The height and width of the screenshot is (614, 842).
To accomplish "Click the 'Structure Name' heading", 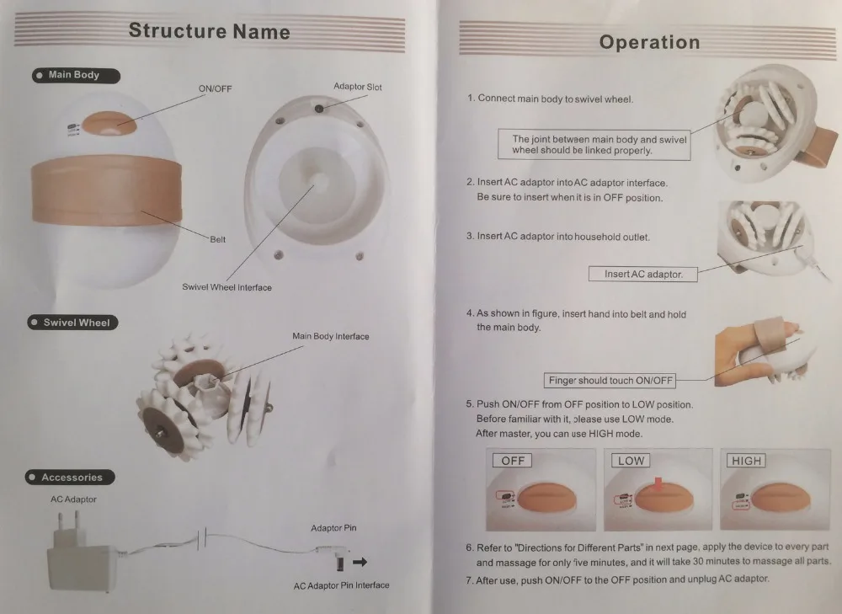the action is pyautogui.click(x=210, y=31).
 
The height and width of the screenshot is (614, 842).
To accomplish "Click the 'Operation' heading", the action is pyautogui.click(x=650, y=42).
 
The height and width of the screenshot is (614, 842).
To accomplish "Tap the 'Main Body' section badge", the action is pyautogui.click(x=76, y=75).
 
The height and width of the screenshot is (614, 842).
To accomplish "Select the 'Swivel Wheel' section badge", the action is pyautogui.click(x=72, y=323).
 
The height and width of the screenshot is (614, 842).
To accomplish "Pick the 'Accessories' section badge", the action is pyautogui.click(x=70, y=477).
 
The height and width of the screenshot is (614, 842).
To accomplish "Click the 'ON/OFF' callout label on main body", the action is pyautogui.click(x=216, y=88).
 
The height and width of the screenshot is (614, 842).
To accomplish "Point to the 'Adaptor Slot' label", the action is pyautogui.click(x=358, y=87).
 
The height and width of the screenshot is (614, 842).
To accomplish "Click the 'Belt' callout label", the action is pyautogui.click(x=217, y=239).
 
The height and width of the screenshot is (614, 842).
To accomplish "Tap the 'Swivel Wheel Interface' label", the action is pyautogui.click(x=226, y=287).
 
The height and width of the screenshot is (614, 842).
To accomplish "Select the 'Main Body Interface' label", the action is pyautogui.click(x=331, y=336).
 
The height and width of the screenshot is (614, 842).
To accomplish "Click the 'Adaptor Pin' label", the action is pyautogui.click(x=333, y=528).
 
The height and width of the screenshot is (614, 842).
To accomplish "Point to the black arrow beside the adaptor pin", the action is pyautogui.click(x=360, y=562).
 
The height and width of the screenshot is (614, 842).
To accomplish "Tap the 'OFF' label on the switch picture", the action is pyautogui.click(x=512, y=461).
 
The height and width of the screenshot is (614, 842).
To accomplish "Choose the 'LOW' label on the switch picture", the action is pyautogui.click(x=631, y=461).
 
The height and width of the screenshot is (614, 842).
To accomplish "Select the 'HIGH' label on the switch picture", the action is pyautogui.click(x=746, y=461).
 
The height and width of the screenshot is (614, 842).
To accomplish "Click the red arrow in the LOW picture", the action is pyautogui.click(x=658, y=484).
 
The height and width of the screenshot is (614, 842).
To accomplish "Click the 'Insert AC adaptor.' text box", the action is pyautogui.click(x=642, y=274).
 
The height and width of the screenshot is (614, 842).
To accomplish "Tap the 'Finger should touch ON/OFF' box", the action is pyautogui.click(x=610, y=381).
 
